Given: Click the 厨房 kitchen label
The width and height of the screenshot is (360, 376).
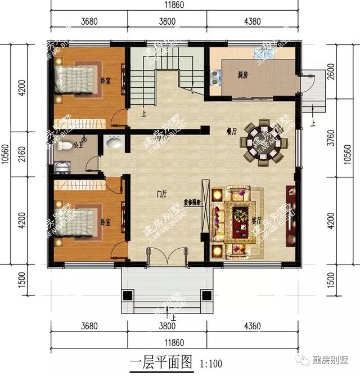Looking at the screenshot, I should coord(242,74).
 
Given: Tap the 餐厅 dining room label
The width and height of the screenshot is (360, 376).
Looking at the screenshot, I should coord(215,131).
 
